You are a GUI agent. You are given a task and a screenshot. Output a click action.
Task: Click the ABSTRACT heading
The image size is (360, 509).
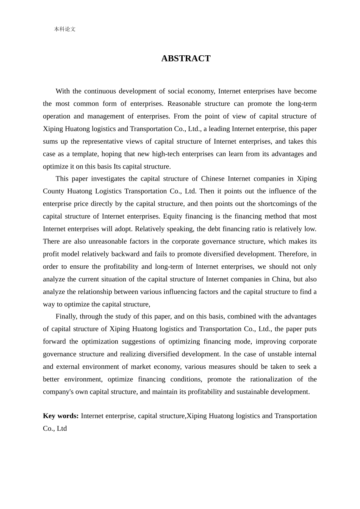point(186,58)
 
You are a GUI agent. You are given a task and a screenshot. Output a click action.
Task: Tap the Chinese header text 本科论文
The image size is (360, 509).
point(65,29)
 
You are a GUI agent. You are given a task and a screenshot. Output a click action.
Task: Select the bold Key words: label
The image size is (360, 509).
point(61,416)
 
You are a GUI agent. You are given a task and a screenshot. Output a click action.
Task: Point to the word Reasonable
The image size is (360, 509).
point(184,104)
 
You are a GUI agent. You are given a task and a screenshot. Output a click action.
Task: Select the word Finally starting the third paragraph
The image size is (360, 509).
point(66,317)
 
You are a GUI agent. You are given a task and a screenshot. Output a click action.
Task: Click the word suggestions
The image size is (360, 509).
point(138,342)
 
